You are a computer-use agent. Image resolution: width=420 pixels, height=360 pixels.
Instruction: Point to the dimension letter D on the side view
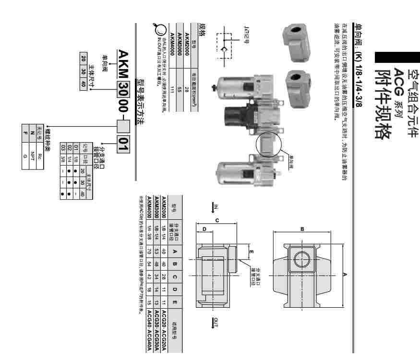point(204,229)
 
